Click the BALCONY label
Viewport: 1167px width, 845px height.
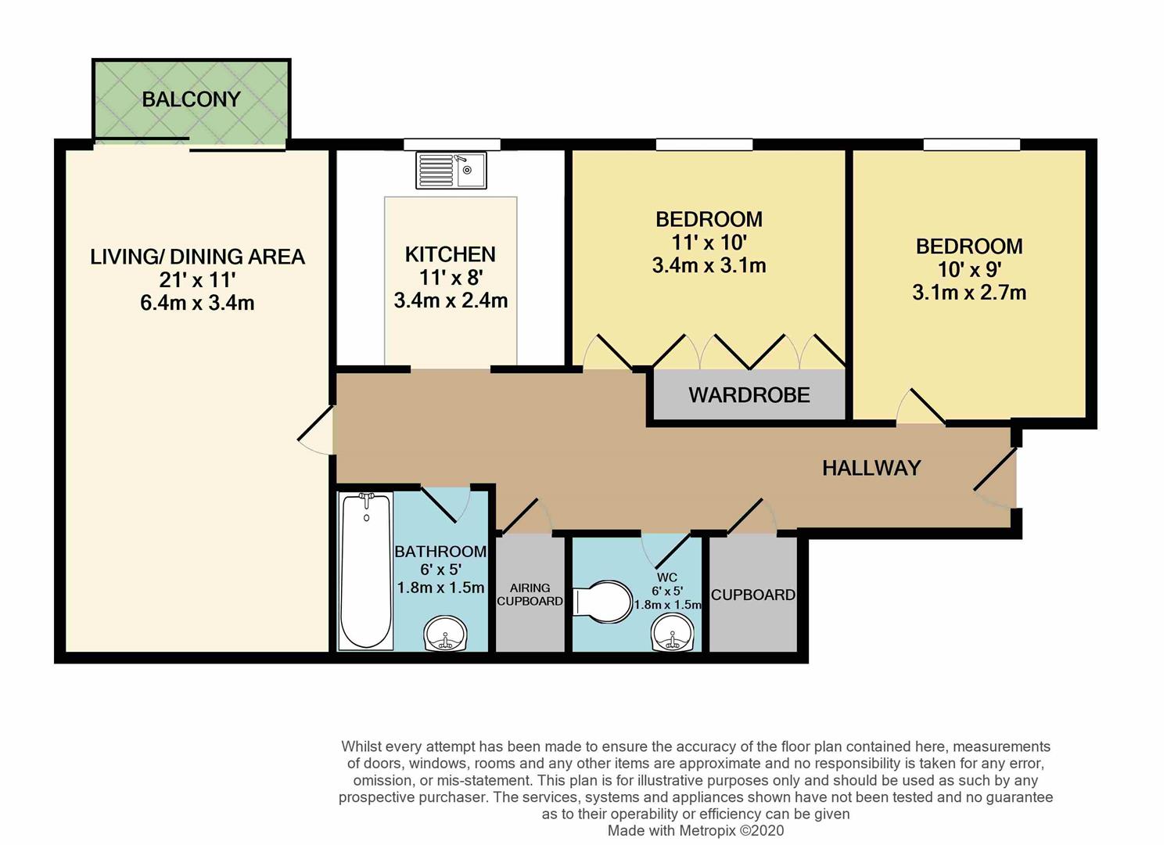[191, 99]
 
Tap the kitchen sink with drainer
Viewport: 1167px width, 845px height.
[451, 171]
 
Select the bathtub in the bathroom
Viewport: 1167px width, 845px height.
[366, 571]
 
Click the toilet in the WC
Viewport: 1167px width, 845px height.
[601, 602]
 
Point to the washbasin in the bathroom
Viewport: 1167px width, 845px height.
[445, 633]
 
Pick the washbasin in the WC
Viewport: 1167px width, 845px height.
[673, 633]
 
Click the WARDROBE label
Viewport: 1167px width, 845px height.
[749, 395]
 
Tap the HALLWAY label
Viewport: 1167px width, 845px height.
[871, 468]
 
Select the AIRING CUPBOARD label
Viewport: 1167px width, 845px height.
[530, 595]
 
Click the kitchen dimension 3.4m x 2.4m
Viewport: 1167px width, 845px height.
[451, 300]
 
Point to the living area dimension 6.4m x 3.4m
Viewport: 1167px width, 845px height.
[197, 303]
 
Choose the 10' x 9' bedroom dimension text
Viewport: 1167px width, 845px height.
[969, 269]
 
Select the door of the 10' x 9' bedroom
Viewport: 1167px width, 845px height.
[921, 405]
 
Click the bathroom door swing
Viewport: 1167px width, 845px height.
[446, 504]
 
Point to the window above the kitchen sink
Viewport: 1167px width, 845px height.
[452, 145]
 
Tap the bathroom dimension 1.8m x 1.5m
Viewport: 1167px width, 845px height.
[440, 588]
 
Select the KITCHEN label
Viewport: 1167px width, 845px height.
[450, 254]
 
